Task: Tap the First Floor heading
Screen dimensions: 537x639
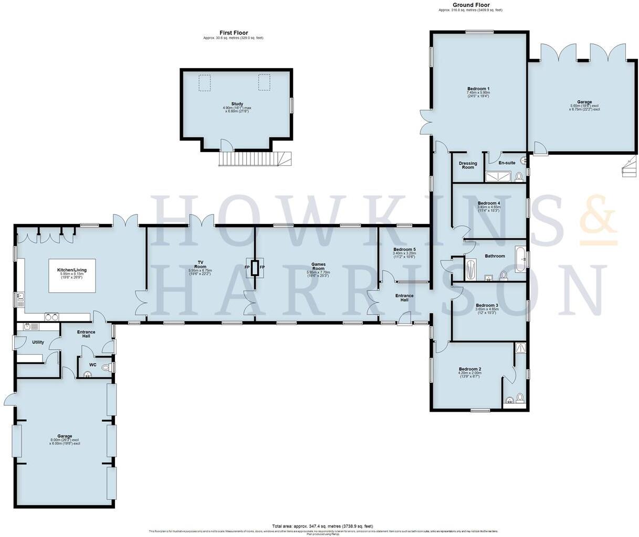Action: click(x=234, y=33)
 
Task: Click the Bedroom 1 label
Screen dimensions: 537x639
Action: click(x=478, y=89)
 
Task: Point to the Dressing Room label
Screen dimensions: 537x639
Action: click(x=468, y=165)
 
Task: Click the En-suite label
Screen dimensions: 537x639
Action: click(x=507, y=163)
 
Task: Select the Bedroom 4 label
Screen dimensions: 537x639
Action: click(x=488, y=203)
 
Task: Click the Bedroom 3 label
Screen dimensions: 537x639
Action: click(x=487, y=305)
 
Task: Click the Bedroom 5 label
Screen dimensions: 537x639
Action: click(x=404, y=249)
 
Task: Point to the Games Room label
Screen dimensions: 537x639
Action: click(x=318, y=266)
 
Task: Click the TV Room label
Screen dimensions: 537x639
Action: click(x=200, y=264)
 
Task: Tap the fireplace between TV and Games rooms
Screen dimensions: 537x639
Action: click(x=255, y=267)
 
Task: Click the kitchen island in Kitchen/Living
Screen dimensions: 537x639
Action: click(x=72, y=275)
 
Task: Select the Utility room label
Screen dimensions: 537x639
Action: click(x=38, y=342)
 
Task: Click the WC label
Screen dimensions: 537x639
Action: click(x=92, y=364)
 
